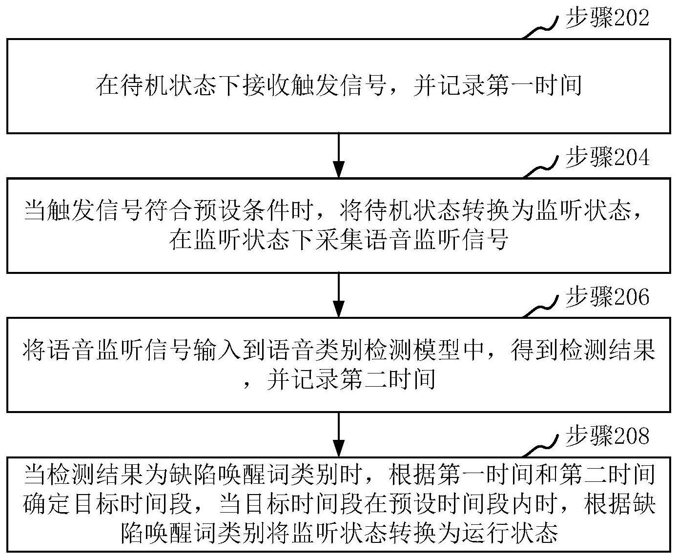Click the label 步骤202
coord(607,18)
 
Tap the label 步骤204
coord(607,157)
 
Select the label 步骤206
coord(607,297)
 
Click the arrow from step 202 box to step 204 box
coord(339,156)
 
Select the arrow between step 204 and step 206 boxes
coord(339,295)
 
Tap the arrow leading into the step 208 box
coord(339,435)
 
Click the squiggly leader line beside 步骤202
coord(540,29)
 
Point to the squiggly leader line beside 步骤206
coord(540,308)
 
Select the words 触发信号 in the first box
coord(338,86)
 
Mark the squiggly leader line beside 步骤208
coord(540,447)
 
